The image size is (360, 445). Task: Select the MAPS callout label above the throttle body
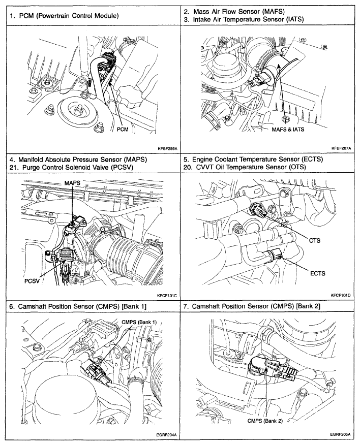click(x=73, y=182)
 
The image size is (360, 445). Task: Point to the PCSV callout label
click(x=34, y=280)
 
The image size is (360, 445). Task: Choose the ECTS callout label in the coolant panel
click(x=317, y=273)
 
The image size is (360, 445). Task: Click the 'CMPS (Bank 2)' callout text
click(x=265, y=420)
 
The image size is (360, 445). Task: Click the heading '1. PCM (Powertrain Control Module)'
click(x=64, y=15)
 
